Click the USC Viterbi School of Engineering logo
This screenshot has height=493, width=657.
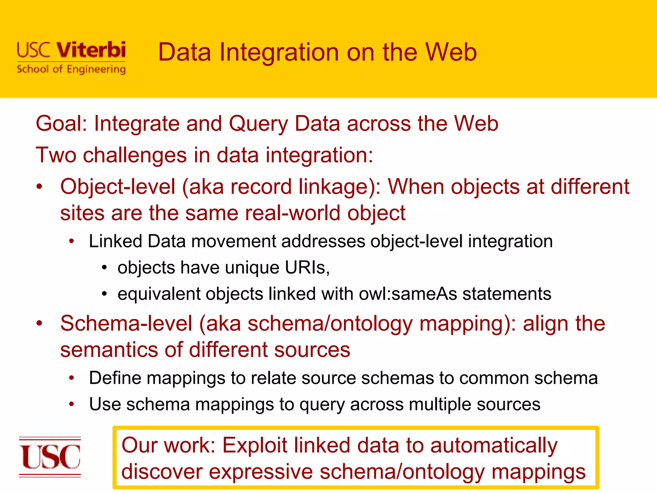(x=71, y=58)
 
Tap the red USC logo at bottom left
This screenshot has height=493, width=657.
(x=50, y=457)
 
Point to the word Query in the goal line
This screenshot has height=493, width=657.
(x=259, y=124)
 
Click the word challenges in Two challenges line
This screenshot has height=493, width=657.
(x=135, y=155)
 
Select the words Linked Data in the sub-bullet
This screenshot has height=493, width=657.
(x=137, y=241)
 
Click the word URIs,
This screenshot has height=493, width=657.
(x=307, y=268)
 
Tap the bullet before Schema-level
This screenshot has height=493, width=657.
(x=39, y=324)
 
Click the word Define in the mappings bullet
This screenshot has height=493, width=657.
(x=115, y=378)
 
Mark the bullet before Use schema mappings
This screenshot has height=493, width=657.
(x=72, y=404)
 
